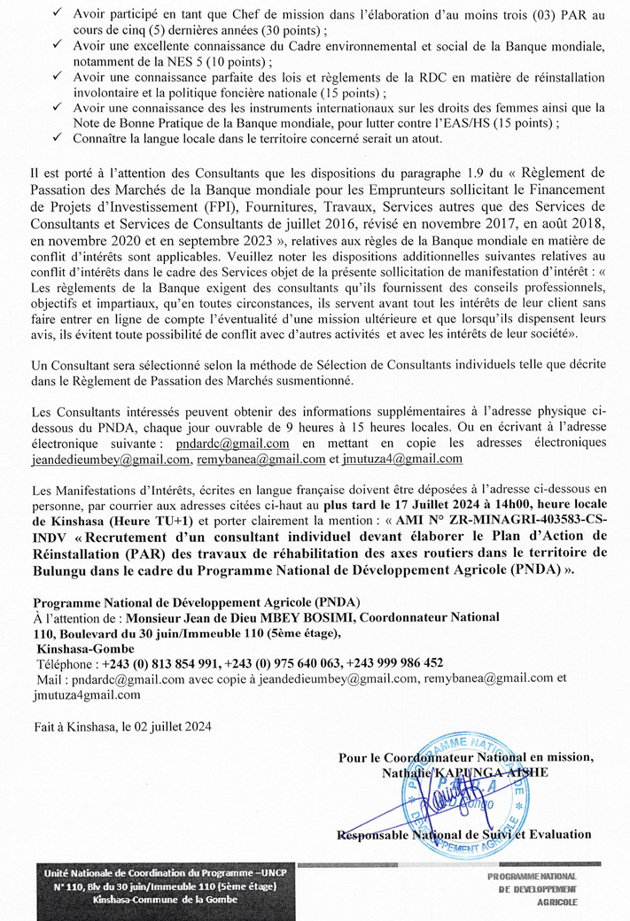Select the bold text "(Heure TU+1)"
point(155,520)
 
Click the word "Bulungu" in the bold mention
point(66,570)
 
